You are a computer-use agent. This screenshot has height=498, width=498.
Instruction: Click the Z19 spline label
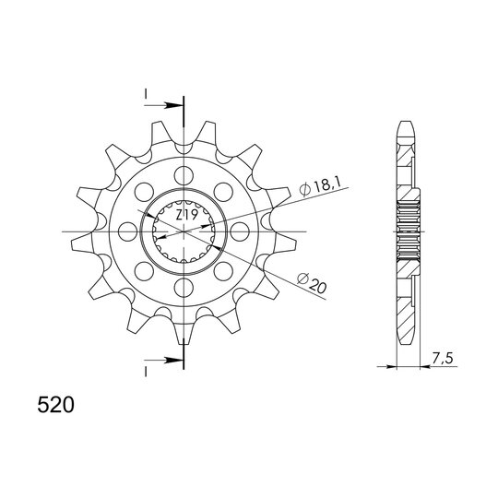(x=187, y=215)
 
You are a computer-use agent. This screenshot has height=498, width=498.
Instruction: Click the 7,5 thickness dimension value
(x=442, y=359)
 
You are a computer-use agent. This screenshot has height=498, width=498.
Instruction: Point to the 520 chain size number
(x=55, y=406)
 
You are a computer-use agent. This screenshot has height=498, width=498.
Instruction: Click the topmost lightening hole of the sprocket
(x=184, y=175)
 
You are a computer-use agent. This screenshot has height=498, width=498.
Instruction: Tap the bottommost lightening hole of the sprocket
(x=184, y=288)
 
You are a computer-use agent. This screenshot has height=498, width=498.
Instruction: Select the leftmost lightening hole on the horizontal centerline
(x=127, y=231)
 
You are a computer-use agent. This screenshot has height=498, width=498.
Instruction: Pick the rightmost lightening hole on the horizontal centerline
(x=240, y=231)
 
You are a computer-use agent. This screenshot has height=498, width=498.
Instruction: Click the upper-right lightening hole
(x=223, y=192)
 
